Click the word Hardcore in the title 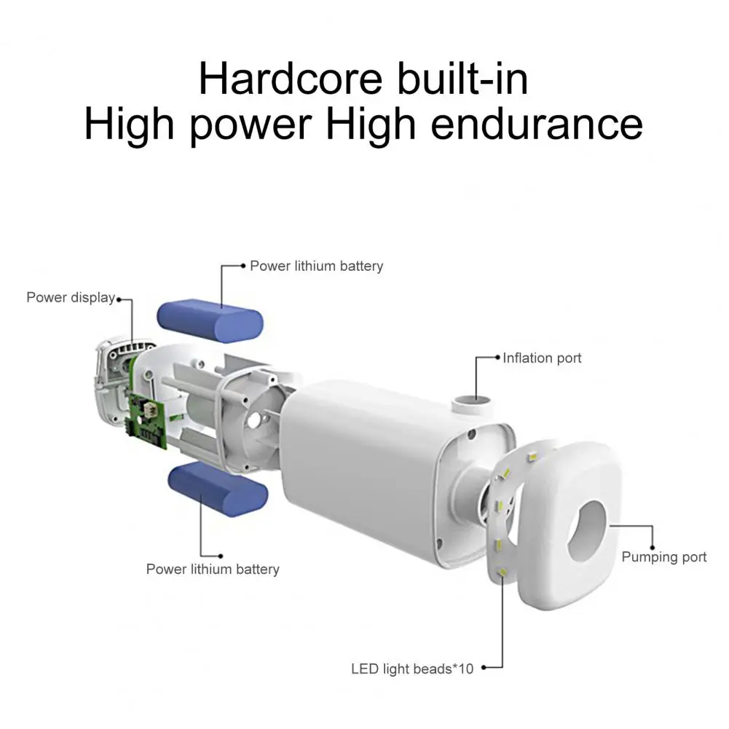(x=291, y=79)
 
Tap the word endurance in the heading (x=537, y=124)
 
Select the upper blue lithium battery (x=210, y=320)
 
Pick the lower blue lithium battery (x=218, y=489)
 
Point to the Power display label (x=71, y=298)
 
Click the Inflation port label (x=542, y=358)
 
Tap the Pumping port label (x=664, y=557)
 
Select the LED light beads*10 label (x=412, y=669)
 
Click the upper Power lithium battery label (x=317, y=266)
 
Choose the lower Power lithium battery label (x=213, y=569)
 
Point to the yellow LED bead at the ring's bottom (x=503, y=572)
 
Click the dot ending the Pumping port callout (x=653, y=548)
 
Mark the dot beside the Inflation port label (x=498, y=358)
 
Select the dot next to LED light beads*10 (x=484, y=668)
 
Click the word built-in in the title (x=462, y=79)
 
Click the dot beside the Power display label (x=119, y=299)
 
